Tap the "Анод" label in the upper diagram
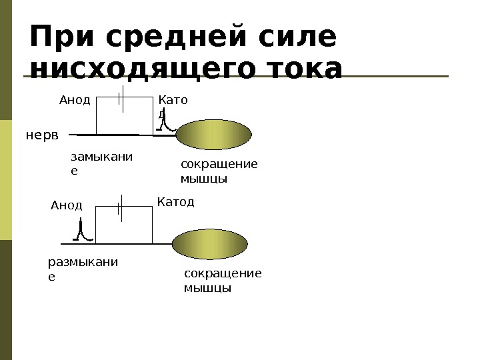pos(75,100)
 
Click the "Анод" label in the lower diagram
pos(67,205)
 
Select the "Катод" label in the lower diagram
pos(176,201)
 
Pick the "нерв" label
pos(42,135)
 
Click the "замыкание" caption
pos(101,163)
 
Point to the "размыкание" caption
pos(83,268)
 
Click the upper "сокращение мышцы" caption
pos(219,172)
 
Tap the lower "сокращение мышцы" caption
pos(222,281)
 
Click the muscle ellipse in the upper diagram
pos(214,135)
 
